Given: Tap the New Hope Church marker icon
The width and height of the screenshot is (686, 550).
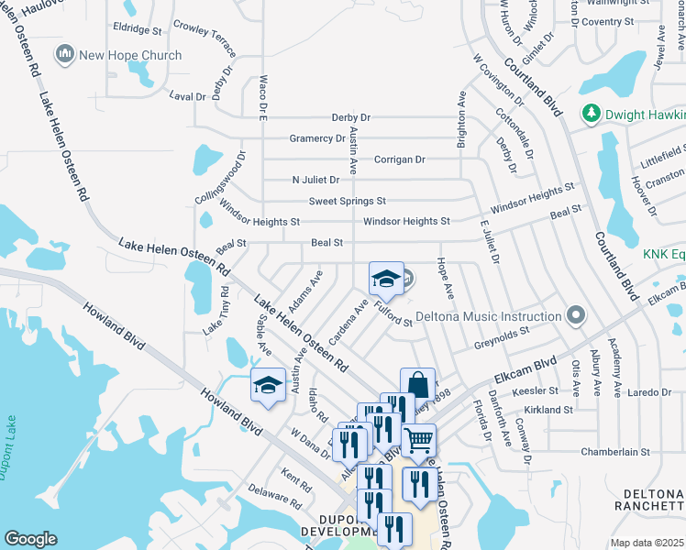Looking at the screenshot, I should [64, 55].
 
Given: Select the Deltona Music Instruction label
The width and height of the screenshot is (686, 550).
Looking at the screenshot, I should [489, 316].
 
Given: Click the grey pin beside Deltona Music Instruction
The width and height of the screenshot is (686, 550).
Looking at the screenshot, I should [576, 315].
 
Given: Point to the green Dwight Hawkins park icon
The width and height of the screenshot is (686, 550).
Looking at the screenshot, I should [592, 114].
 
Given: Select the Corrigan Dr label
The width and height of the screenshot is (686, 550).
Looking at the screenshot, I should [400, 159].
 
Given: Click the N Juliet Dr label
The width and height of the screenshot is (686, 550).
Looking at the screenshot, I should [315, 180].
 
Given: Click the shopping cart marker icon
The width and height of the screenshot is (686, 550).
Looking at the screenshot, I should [419, 440].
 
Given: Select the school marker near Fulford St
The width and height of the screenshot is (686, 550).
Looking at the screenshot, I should [387, 279].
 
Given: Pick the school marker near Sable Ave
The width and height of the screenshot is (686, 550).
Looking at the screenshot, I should [269, 386].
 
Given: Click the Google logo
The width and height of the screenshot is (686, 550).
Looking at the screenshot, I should [30, 539].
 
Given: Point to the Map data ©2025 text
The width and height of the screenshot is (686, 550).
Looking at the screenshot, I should [647, 543].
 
